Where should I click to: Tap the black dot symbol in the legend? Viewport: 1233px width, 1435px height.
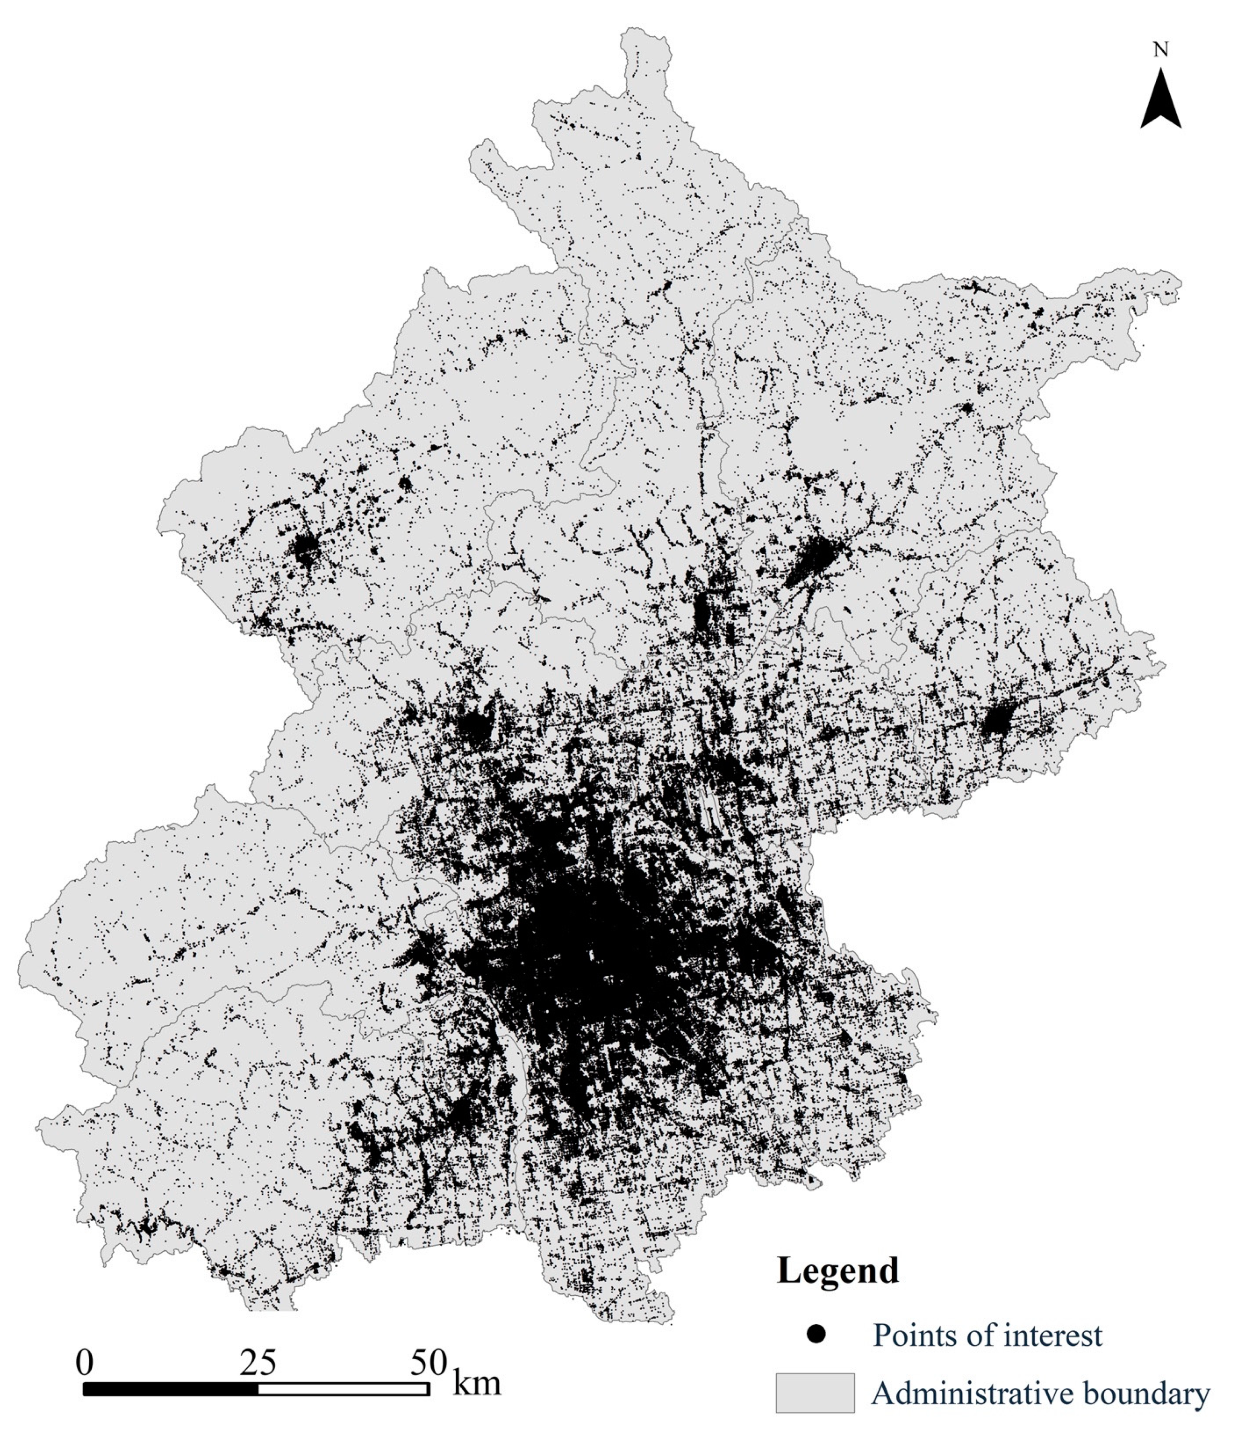pyautogui.click(x=817, y=1335)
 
